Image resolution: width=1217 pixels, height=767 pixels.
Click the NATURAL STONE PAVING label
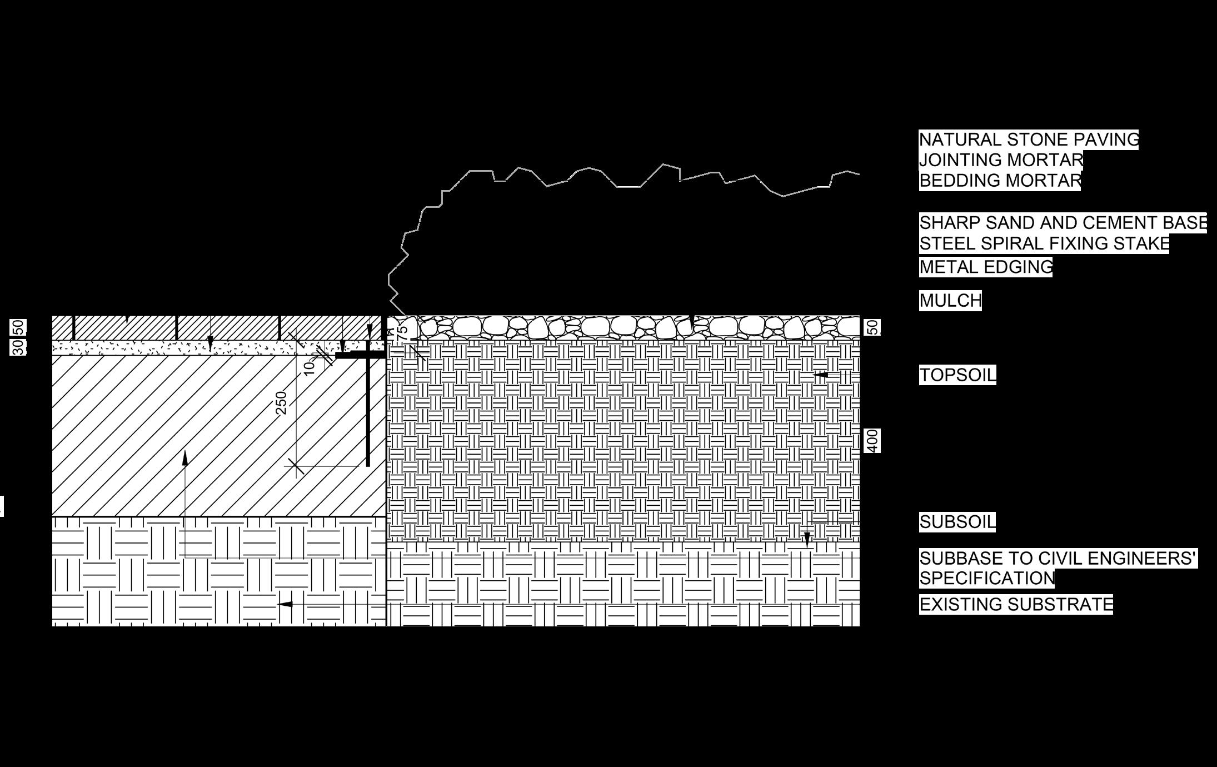pyautogui.click(x=1029, y=140)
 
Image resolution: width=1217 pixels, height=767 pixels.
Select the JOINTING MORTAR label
pyautogui.click(x=1001, y=160)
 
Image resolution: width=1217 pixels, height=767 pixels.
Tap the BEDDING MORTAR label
pyautogui.click(x=1000, y=181)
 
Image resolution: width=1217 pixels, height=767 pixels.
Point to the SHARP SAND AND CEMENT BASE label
pyautogui.click(x=1063, y=223)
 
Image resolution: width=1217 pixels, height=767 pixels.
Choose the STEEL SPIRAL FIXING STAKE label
pyautogui.click(x=1044, y=243)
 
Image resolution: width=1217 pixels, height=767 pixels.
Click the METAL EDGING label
pyautogui.click(x=985, y=267)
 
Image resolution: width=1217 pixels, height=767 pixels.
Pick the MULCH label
pyautogui.click(x=950, y=301)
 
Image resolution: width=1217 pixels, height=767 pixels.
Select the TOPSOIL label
pyautogui.click(x=957, y=375)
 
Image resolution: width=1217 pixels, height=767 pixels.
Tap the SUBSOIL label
pyautogui.click(x=957, y=522)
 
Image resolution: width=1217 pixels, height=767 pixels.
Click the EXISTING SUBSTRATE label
pyautogui.click(x=1016, y=604)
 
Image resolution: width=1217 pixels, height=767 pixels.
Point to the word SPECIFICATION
pyautogui.click(x=987, y=578)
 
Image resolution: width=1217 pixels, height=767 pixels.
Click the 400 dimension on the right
pyautogui.click(x=872, y=440)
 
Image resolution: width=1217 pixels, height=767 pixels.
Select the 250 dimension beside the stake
pyautogui.click(x=281, y=403)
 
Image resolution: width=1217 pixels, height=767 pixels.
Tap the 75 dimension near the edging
pyautogui.click(x=402, y=332)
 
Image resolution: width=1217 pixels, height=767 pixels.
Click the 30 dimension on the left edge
pyautogui.click(x=19, y=348)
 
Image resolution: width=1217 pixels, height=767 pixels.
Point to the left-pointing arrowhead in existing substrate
pyautogui.click(x=285, y=604)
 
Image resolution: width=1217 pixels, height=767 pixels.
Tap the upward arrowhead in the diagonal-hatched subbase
pyautogui.click(x=184, y=457)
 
